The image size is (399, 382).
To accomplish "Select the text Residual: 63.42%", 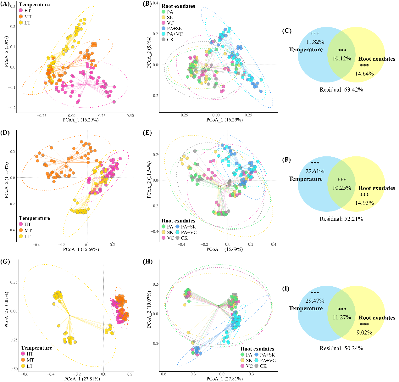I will (x=341, y=90).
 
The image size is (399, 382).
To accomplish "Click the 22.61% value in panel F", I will (x=315, y=171).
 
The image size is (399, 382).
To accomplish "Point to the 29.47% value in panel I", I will (x=315, y=301).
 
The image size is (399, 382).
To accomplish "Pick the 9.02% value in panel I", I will (x=364, y=333).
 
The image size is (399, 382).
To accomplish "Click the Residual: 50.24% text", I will (x=341, y=348).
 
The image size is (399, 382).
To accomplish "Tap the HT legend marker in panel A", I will (x=21, y=11).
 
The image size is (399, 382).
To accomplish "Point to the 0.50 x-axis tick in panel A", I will (x=130, y=115).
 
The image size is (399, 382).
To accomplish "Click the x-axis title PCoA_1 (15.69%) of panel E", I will (x=224, y=249).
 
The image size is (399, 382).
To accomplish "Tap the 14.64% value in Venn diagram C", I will (x=364, y=74).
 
